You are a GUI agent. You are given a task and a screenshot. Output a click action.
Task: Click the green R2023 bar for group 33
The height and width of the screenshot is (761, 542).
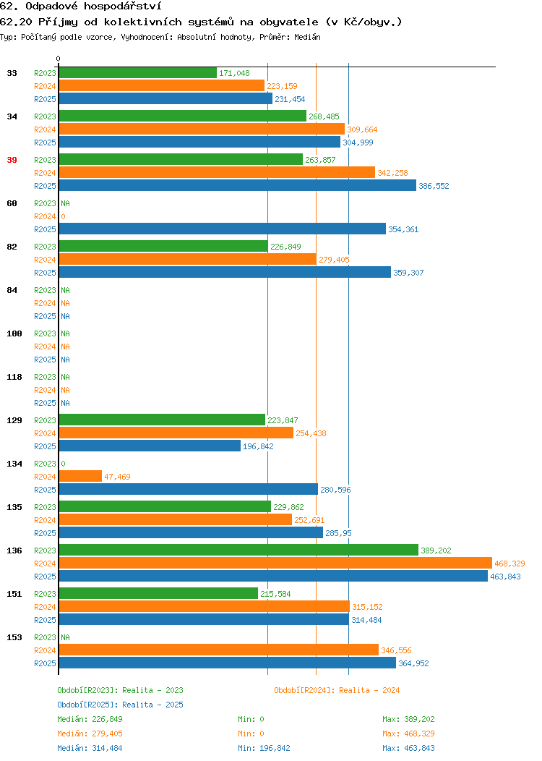click(x=138, y=73)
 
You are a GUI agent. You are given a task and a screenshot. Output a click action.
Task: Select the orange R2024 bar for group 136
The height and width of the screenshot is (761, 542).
click(x=275, y=563)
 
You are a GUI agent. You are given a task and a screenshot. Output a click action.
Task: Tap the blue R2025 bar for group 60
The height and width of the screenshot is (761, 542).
click(x=223, y=229)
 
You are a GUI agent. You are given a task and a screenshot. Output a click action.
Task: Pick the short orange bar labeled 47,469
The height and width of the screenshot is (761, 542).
click(x=80, y=476)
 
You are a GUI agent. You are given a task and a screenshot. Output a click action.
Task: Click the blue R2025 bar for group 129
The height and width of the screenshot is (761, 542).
click(x=150, y=446)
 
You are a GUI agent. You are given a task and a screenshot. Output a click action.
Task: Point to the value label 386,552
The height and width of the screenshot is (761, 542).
click(x=434, y=186)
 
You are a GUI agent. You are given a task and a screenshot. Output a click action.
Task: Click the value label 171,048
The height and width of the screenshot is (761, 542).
click(x=234, y=73)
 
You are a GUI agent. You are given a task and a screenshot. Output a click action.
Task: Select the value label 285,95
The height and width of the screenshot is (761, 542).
click(x=338, y=533)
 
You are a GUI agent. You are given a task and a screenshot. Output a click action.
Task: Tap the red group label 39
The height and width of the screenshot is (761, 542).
click(x=12, y=160)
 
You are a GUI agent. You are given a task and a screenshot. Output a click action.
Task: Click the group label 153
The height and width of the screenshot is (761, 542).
click(x=14, y=637)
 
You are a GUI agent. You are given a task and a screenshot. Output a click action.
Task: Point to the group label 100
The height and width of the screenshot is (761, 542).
click(x=14, y=333)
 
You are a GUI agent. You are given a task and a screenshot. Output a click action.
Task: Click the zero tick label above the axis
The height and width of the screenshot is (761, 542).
click(x=59, y=59)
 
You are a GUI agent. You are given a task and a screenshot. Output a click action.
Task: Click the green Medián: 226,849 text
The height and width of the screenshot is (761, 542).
click(x=90, y=719)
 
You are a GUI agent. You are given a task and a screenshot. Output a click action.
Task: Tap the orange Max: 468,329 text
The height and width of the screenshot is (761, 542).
click(x=408, y=734)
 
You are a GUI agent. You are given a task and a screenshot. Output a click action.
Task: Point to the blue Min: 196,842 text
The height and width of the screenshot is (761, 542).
click(x=264, y=749)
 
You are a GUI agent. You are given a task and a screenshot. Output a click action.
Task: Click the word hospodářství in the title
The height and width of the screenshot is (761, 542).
click(x=123, y=7)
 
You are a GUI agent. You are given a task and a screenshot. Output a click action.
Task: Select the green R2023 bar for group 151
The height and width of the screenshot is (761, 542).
click(x=158, y=593)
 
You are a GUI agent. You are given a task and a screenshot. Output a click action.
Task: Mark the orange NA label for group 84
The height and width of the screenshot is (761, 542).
click(x=66, y=303)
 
